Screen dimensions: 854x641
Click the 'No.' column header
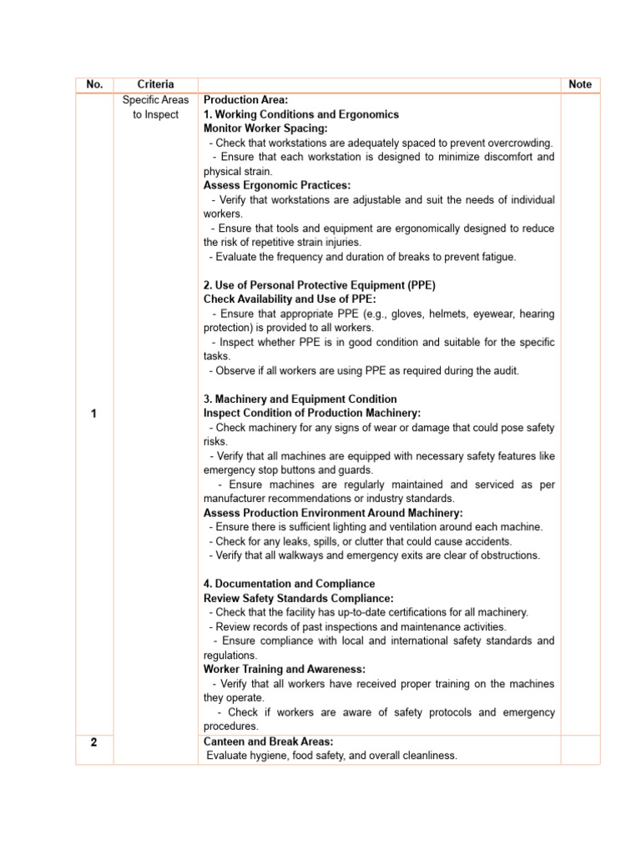(x=94, y=84)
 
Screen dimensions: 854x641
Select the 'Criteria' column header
(x=155, y=84)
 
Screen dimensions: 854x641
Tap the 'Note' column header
(x=579, y=84)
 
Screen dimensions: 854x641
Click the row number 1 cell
(x=94, y=414)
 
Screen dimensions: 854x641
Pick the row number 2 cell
(x=94, y=742)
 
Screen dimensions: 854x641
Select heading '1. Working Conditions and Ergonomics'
(x=301, y=114)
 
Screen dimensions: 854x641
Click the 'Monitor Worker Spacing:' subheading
(x=265, y=128)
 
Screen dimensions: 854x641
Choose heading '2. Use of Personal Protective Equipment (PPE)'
(x=320, y=285)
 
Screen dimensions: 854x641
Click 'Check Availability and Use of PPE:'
(x=290, y=299)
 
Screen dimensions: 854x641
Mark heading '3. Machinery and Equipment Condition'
(x=300, y=399)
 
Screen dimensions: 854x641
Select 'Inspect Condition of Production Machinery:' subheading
(x=312, y=413)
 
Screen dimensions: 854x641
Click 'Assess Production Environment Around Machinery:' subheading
(x=333, y=513)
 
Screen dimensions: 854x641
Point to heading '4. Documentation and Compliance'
(x=289, y=584)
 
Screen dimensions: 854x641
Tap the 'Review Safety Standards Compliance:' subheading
(x=298, y=598)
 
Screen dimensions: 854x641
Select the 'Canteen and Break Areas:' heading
(x=269, y=741)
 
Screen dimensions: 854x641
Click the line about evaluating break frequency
(x=362, y=257)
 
